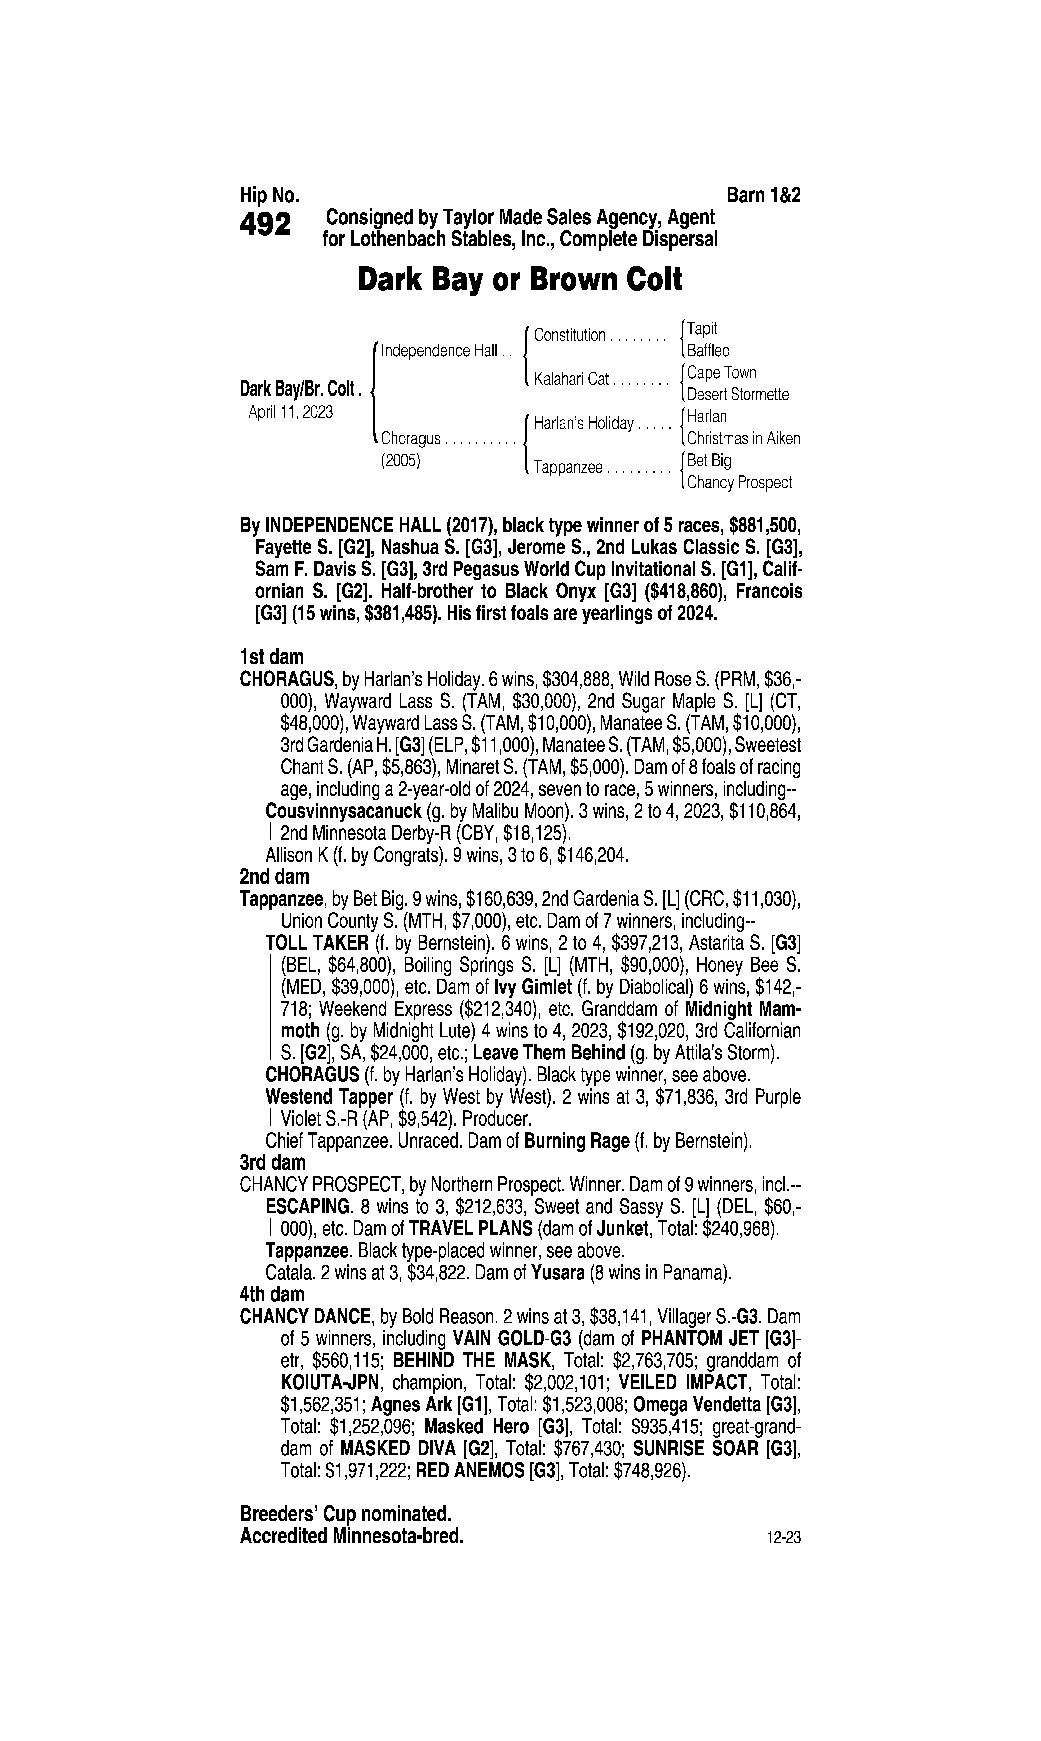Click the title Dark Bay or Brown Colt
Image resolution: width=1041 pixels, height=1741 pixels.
pos(520,280)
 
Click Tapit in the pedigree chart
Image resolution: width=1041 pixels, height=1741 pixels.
pos(702,328)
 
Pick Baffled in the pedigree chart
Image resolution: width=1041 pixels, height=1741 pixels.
pos(708,350)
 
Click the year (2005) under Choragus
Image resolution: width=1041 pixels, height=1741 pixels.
pos(400,461)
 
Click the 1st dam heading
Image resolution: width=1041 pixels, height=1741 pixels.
pos(272,657)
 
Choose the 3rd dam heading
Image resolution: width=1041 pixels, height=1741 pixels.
pos(272,1162)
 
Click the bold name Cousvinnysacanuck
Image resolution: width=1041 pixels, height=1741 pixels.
pos(343,812)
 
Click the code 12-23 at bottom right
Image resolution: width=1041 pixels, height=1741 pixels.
pos(784,1538)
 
